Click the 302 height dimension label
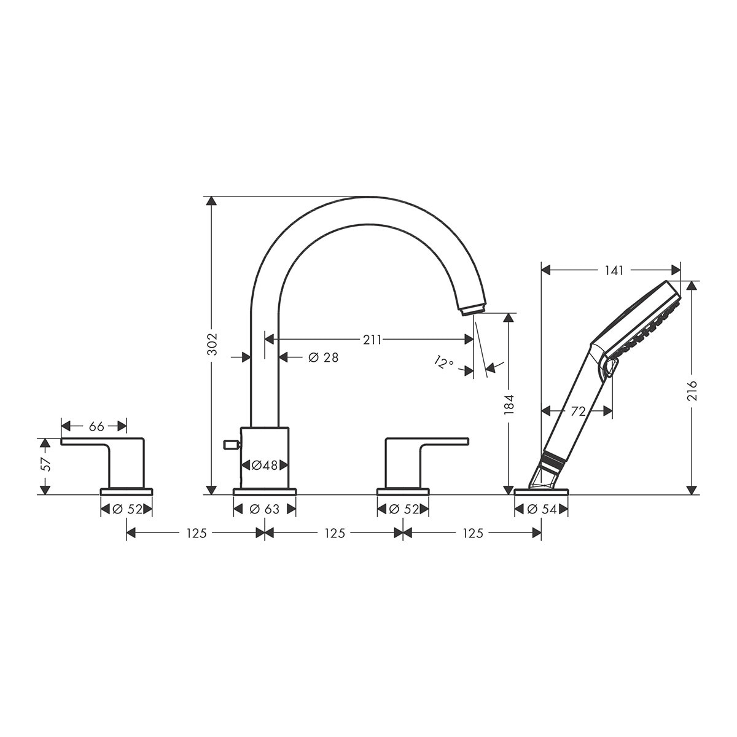(213, 344)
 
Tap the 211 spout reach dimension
(372, 340)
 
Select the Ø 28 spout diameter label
(323, 357)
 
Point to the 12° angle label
(443, 362)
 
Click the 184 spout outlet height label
(509, 405)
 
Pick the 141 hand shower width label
(614, 270)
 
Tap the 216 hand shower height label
(692, 391)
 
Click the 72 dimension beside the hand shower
(579, 411)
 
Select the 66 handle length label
(96, 426)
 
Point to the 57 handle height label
(45, 464)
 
